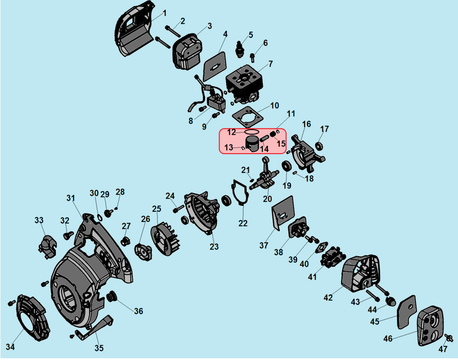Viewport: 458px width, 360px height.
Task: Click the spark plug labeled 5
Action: pyautogui.click(x=240, y=48)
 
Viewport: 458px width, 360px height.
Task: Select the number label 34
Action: pyautogui.click(x=10, y=347)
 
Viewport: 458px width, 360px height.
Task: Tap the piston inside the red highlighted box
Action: pyautogui.click(x=253, y=143)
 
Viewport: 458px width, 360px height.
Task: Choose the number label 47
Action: pyautogui.click(x=443, y=349)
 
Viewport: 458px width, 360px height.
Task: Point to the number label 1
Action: pyautogui.click(x=165, y=13)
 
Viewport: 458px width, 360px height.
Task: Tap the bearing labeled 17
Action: pyautogui.click(x=319, y=145)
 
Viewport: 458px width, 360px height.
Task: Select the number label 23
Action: pyautogui.click(x=214, y=247)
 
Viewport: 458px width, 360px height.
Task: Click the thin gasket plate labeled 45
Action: pyautogui.click(x=406, y=311)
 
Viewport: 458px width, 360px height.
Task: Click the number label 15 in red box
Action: pyautogui.click(x=281, y=143)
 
